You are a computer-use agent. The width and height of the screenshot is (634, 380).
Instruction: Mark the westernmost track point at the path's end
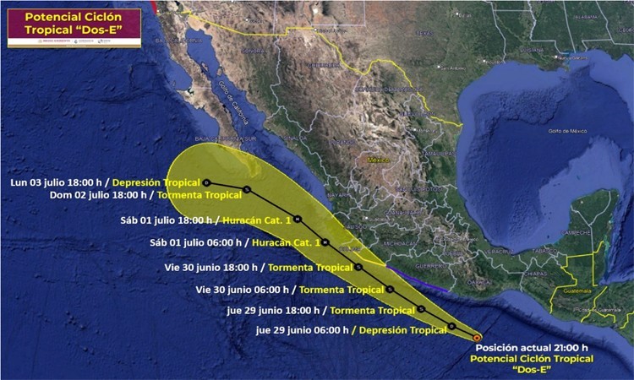pos(206,182)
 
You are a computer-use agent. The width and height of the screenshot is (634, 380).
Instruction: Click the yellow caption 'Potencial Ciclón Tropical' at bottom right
pos(533,358)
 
